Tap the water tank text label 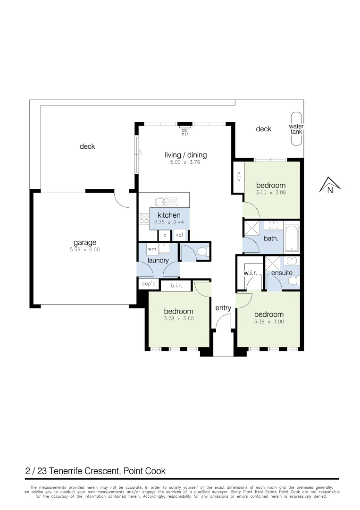(296, 129)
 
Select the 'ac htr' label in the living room (185, 132)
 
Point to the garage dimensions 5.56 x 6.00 (85, 250)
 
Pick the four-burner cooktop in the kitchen (143, 218)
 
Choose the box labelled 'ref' (180, 234)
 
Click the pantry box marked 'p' (165, 235)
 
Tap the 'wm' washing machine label (152, 248)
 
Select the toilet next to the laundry (203, 252)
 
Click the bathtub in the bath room (292, 238)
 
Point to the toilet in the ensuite (293, 281)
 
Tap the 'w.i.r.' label (250, 273)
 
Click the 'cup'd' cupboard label (149, 284)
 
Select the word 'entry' (223, 308)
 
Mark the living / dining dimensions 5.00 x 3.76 (185, 162)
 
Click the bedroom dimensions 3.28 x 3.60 (179, 318)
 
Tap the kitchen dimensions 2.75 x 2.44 (169, 222)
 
